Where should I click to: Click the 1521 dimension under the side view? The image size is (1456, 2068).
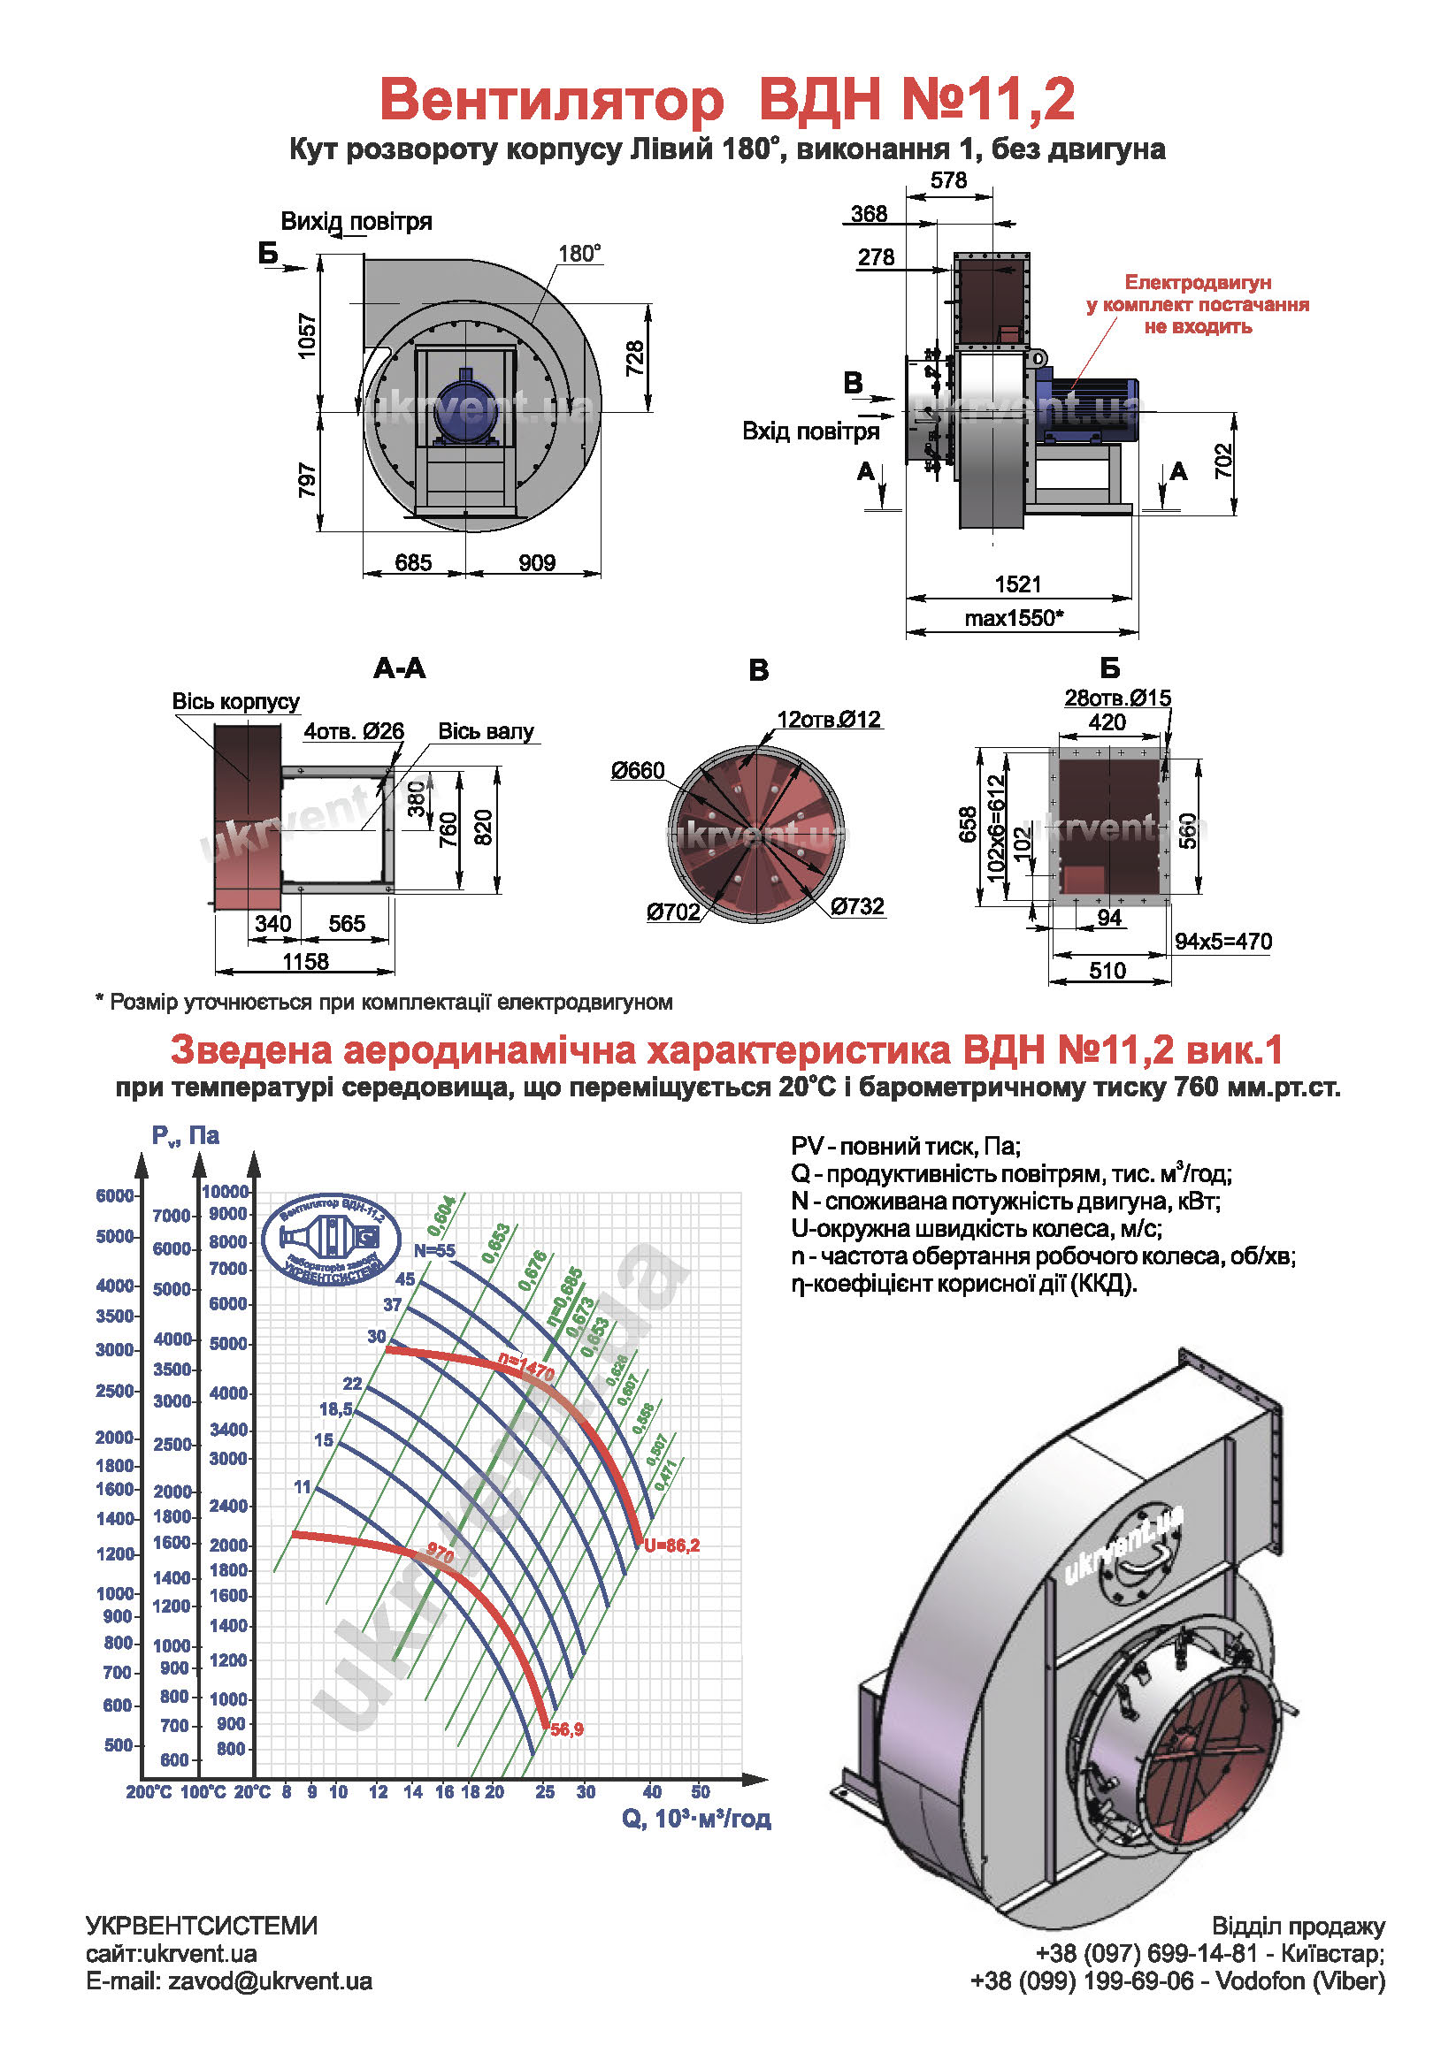[x=1017, y=584]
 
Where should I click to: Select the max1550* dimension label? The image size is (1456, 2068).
[x=1014, y=618]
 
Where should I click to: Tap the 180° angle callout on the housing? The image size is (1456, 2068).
[x=579, y=254]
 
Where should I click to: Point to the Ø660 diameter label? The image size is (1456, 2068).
[x=637, y=770]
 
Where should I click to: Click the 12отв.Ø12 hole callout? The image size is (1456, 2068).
[x=829, y=720]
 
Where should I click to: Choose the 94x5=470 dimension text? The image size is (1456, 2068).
[x=1222, y=942]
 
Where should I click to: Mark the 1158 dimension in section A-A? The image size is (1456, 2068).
[x=305, y=961]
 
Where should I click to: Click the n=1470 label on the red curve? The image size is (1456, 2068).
[x=526, y=1367]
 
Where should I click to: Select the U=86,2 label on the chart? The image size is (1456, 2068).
[x=672, y=1545]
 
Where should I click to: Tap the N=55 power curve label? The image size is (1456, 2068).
[x=434, y=1250]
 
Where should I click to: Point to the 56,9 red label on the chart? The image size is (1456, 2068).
[x=567, y=1729]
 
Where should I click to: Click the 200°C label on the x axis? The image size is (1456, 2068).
[x=149, y=1792]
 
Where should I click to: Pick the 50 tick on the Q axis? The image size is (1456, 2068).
[x=700, y=1792]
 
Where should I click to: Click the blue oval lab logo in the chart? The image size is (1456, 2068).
[x=332, y=1240]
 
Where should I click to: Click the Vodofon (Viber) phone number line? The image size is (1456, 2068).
[x=1176, y=1981]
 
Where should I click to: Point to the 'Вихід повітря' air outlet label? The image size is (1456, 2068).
[x=356, y=222]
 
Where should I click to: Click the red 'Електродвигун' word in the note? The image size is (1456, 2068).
[x=1198, y=283]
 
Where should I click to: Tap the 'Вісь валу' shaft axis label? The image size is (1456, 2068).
[x=486, y=731]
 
